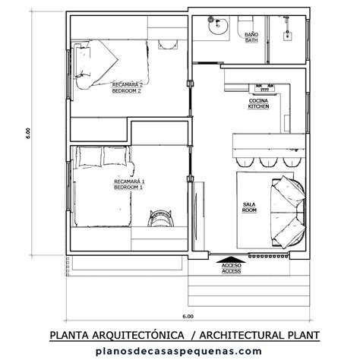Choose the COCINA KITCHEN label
pos(258,103)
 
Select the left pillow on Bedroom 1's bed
pos(92,156)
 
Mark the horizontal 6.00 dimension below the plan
pos(188,314)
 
